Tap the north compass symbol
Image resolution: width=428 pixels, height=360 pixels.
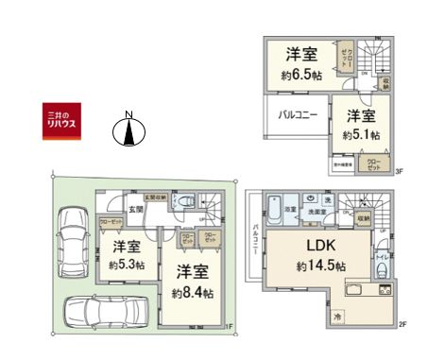click(128, 132)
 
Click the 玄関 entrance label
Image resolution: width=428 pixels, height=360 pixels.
click(135, 210)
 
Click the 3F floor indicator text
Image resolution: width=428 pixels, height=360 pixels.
click(399, 171)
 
